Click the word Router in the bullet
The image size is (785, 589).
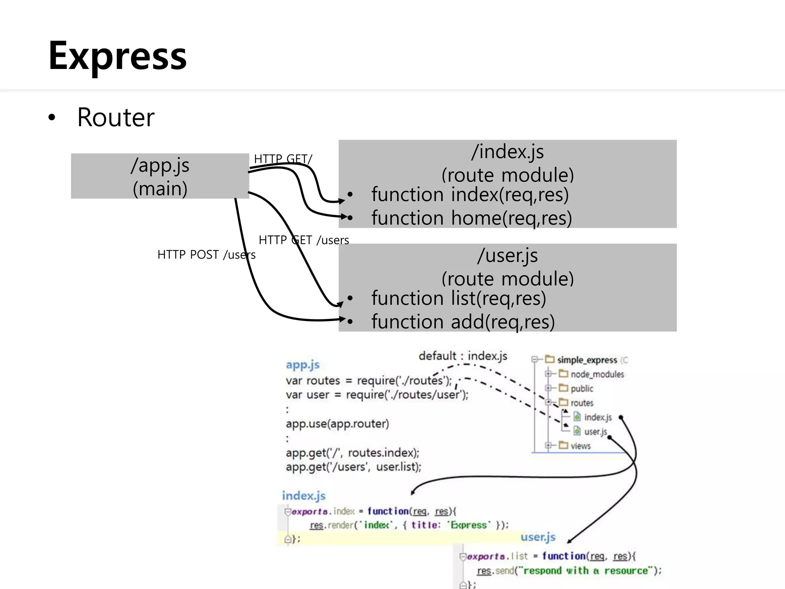[116, 117]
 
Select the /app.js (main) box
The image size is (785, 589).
[160, 176]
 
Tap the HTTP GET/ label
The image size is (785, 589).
[283, 159]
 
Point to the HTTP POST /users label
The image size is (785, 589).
[206, 255]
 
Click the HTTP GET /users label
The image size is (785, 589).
[304, 240]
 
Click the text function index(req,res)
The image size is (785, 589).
[470, 194]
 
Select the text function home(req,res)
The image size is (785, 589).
[471, 218]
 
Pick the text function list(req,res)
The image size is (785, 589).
[458, 298]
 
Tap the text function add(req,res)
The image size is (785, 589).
[463, 322]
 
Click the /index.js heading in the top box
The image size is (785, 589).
[507, 151]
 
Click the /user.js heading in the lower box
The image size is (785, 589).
[507, 255]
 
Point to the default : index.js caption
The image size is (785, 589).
[463, 356]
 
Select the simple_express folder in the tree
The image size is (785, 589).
[586, 360]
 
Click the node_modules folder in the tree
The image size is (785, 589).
[597, 374]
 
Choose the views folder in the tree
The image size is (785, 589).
[580, 446]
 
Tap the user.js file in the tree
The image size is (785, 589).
[595, 432]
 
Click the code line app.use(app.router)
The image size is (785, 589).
[337, 424]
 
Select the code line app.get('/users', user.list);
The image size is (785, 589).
[353, 467]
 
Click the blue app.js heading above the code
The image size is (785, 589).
[302, 365]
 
